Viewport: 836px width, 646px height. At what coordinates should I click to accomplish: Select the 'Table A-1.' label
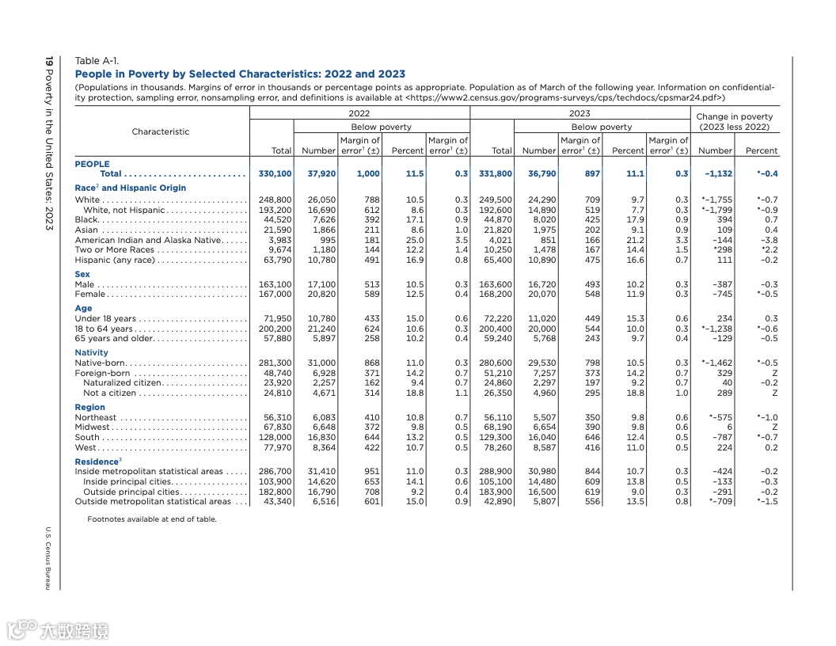(x=97, y=61)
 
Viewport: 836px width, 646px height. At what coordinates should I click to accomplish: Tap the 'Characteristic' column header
(x=161, y=131)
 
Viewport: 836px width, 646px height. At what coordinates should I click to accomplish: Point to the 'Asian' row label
(x=87, y=230)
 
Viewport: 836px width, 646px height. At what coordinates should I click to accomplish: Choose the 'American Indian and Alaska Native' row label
(x=148, y=240)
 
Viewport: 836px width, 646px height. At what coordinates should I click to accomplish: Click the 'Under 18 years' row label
(x=105, y=318)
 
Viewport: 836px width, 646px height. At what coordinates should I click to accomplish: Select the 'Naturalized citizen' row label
(x=128, y=382)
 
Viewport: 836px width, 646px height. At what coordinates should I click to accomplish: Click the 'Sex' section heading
(x=82, y=274)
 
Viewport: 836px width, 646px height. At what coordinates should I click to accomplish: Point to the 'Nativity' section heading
(x=91, y=352)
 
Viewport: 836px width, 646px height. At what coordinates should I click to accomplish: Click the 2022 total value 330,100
(x=275, y=173)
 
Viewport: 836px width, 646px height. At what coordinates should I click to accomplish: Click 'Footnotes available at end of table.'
(x=151, y=519)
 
